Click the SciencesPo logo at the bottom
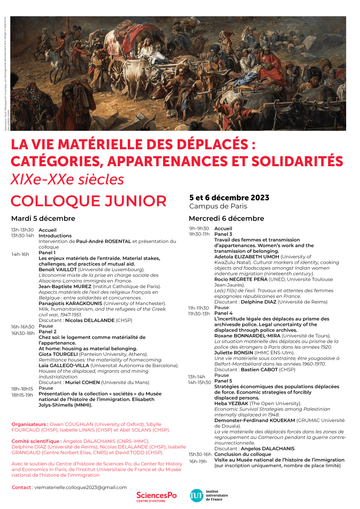click(x=156, y=496)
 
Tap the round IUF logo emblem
click(x=196, y=496)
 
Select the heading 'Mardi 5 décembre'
click(x=43, y=218)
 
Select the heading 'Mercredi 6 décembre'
click(x=226, y=218)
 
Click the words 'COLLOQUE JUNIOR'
click(x=89, y=201)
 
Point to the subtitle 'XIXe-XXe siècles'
click(x=68, y=179)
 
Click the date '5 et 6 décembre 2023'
click(x=229, y=198)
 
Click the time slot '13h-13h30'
click(x=23, y=230)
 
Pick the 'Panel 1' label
click(x=47, y=253)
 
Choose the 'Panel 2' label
click(x=48, y=331)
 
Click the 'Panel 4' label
click(x=223, y=313)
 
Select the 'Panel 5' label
click(x=223, y=381)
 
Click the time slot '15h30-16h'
click(x=200, y=454)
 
